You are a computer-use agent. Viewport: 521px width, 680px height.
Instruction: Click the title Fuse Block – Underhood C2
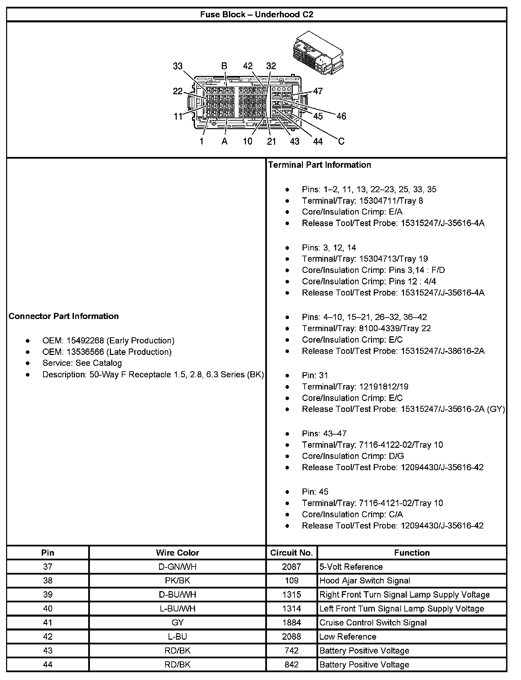[256, 14]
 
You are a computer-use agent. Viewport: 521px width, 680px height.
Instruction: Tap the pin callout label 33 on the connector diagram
[177, 66]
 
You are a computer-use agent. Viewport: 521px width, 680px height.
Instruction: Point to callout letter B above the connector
[224, 66]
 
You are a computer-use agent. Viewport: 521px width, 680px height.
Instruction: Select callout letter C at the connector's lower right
[341, 141]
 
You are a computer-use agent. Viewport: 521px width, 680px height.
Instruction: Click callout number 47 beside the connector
[318, 91]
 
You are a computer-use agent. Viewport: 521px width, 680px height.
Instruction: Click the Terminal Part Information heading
[320, 165]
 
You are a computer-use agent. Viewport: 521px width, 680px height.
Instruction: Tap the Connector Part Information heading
[64, 316]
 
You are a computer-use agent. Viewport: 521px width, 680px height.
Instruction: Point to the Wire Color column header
[177, 553]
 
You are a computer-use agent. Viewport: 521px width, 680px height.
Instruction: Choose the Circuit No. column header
[291, 553]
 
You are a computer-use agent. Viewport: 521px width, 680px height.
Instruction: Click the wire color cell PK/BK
[177, 581]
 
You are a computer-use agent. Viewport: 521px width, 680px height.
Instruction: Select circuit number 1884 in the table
[291, 623]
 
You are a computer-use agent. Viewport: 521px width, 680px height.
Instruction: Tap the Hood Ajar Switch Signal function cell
[365, 581]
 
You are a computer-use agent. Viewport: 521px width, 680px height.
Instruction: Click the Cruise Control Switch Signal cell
[373, 623]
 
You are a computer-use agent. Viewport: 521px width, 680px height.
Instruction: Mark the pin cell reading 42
[48, 637]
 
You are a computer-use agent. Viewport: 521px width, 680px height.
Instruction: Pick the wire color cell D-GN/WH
[177, 567]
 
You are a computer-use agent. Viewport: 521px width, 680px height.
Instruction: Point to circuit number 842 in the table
[291, 664]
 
